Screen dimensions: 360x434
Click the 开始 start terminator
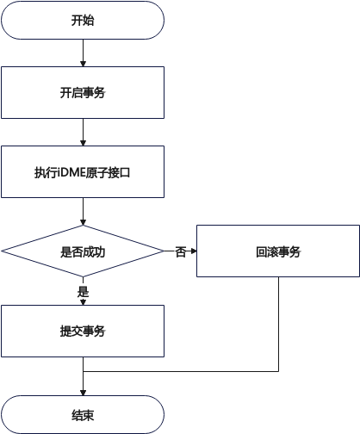pyautogui.click(x=83, y=20)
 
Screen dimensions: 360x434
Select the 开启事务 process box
pyautogui.click(x=83, y=92)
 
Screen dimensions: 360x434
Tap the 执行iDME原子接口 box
pyautogui.click(x=83, y=171)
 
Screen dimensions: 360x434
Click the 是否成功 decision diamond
pyautogui.click(x=83, y=251)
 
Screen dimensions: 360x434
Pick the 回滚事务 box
pyautogui.click(x=278, y=251)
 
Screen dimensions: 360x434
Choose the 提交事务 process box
pyautogui.click(x=83, y=331)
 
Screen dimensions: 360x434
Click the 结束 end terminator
pyautogui.click(x=83, y=414)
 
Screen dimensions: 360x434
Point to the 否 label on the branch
pyautogui.click(x=181, y=251)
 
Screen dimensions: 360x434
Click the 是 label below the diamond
pyautogui.click(x=83, y=292)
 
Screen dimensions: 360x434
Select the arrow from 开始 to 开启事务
pyautogui.click(x=83, y=53)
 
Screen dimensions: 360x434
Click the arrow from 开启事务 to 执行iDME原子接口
pyautogui.click(x=83, y=133)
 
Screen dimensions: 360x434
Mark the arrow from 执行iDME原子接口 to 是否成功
pyautogui.click(x=83, y=212)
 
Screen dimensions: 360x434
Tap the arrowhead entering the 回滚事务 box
pyautogui.click(x=194, y=251)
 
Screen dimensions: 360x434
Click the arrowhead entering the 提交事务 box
pyautogui.click(x=83, y=302)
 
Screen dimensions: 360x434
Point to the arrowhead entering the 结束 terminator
pyautogui.click(x=83, y=393)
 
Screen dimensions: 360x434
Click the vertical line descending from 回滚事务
pyautogui.click(x=278, y=324)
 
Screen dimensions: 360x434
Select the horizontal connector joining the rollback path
pyautogui.click(x=181, y=371)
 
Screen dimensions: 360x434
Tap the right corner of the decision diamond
pyautogui.click(x=164, y=251)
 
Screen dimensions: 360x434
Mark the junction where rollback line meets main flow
pyautogui.click(x=83, y=371)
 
